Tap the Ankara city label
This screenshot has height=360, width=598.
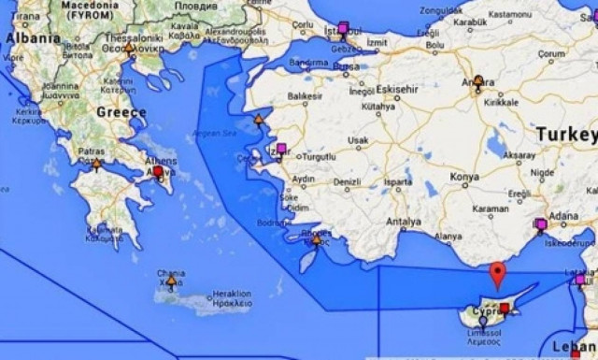pyautogui.click(x=478, y=70)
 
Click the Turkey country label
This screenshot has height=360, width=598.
pyautogui.click(x=565, y=135)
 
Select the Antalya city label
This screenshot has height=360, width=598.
pyautogui.click(x=404, y=222)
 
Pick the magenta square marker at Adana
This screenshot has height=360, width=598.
pyautogui.click(x=540, y=223)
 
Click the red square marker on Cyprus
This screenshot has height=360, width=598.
pyautogui.click(x=505, y=308)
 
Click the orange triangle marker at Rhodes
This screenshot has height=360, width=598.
pyautogui.click(x=317, y=239)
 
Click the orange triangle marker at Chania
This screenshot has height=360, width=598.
pyautogui.click(x=169, y=281)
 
